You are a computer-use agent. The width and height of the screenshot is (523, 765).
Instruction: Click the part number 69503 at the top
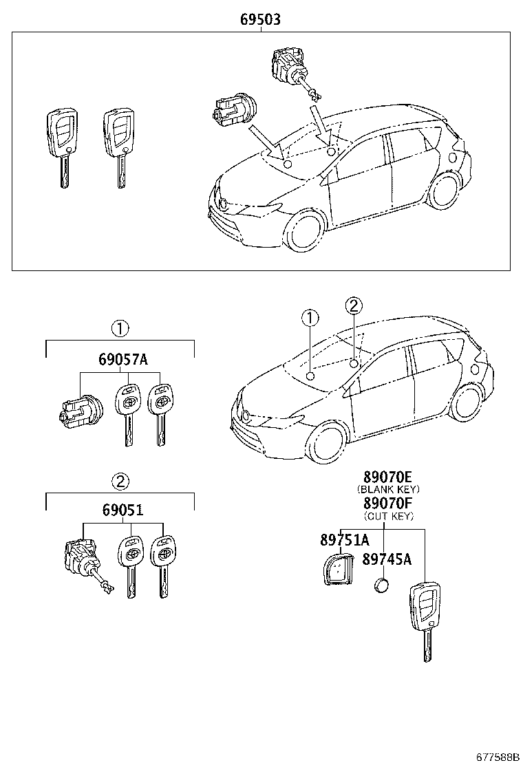260,20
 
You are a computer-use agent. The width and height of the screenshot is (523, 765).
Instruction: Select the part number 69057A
123,360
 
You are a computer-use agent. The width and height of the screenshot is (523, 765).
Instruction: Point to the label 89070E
387,477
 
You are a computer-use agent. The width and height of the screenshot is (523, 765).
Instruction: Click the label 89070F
387,503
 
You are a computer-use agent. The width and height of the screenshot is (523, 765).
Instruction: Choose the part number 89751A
344,540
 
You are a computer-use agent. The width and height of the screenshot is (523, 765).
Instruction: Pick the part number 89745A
387,559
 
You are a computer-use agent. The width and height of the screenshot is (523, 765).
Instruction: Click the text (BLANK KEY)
387,489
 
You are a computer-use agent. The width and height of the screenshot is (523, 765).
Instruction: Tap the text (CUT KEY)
387,515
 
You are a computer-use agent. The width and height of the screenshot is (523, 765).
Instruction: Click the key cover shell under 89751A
337,570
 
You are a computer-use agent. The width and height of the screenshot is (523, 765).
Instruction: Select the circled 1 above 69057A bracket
120,328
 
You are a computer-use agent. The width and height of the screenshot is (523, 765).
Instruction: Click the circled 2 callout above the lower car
352,305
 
